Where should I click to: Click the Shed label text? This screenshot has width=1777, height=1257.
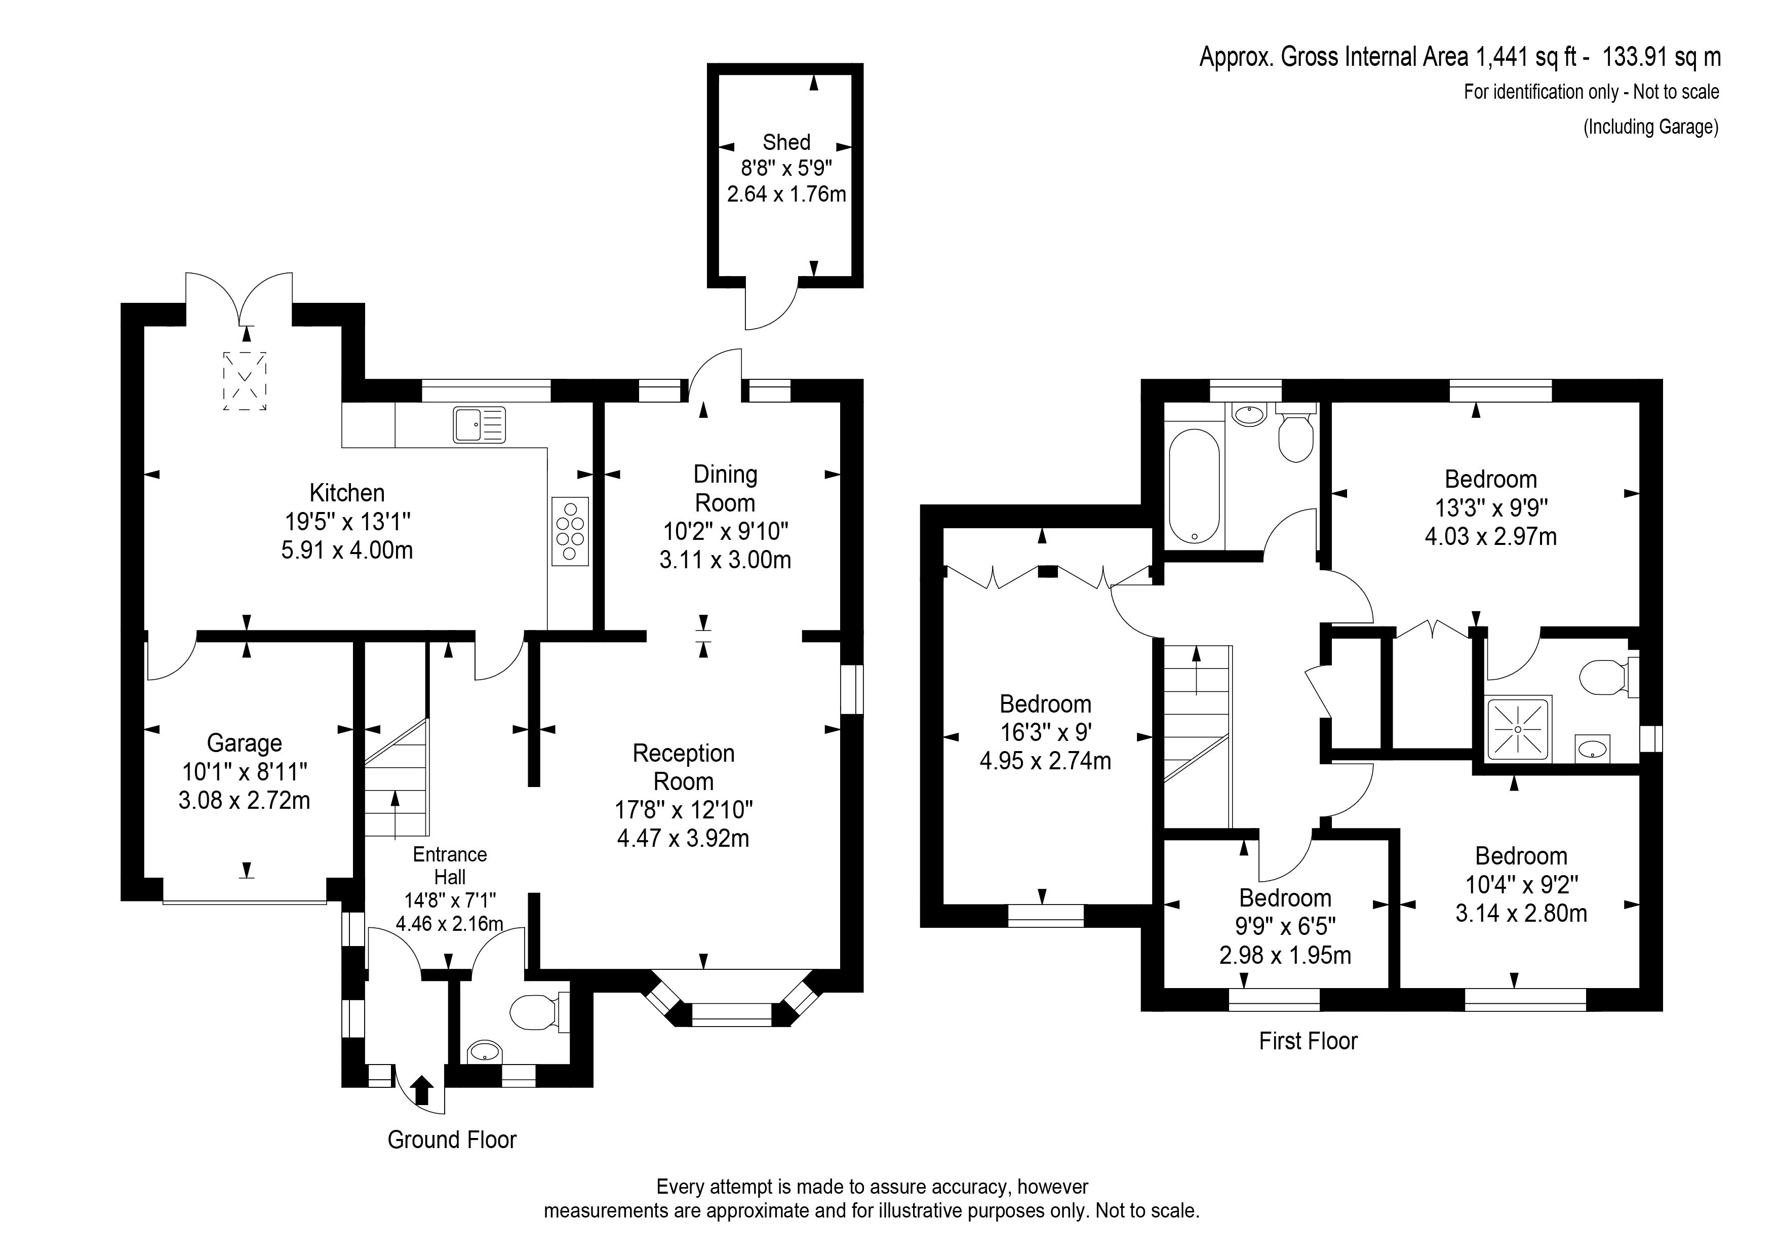[x=786, y=142]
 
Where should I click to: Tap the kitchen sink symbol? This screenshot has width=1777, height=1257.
[x=479, y=425]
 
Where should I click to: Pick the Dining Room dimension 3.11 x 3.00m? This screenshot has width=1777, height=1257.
[x=725, y=560]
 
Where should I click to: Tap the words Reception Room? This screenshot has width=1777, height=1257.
[x=683, y=767]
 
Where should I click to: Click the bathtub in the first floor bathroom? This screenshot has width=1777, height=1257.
[x=1194, y=486]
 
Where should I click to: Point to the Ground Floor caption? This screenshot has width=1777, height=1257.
[x=452, y=1140]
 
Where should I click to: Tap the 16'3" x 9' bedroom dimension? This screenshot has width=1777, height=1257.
[x=1046, y=732]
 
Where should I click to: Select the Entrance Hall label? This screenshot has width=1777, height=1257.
[x=450, y=866]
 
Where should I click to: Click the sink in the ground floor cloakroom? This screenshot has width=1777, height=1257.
[x=485, y=1051]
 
